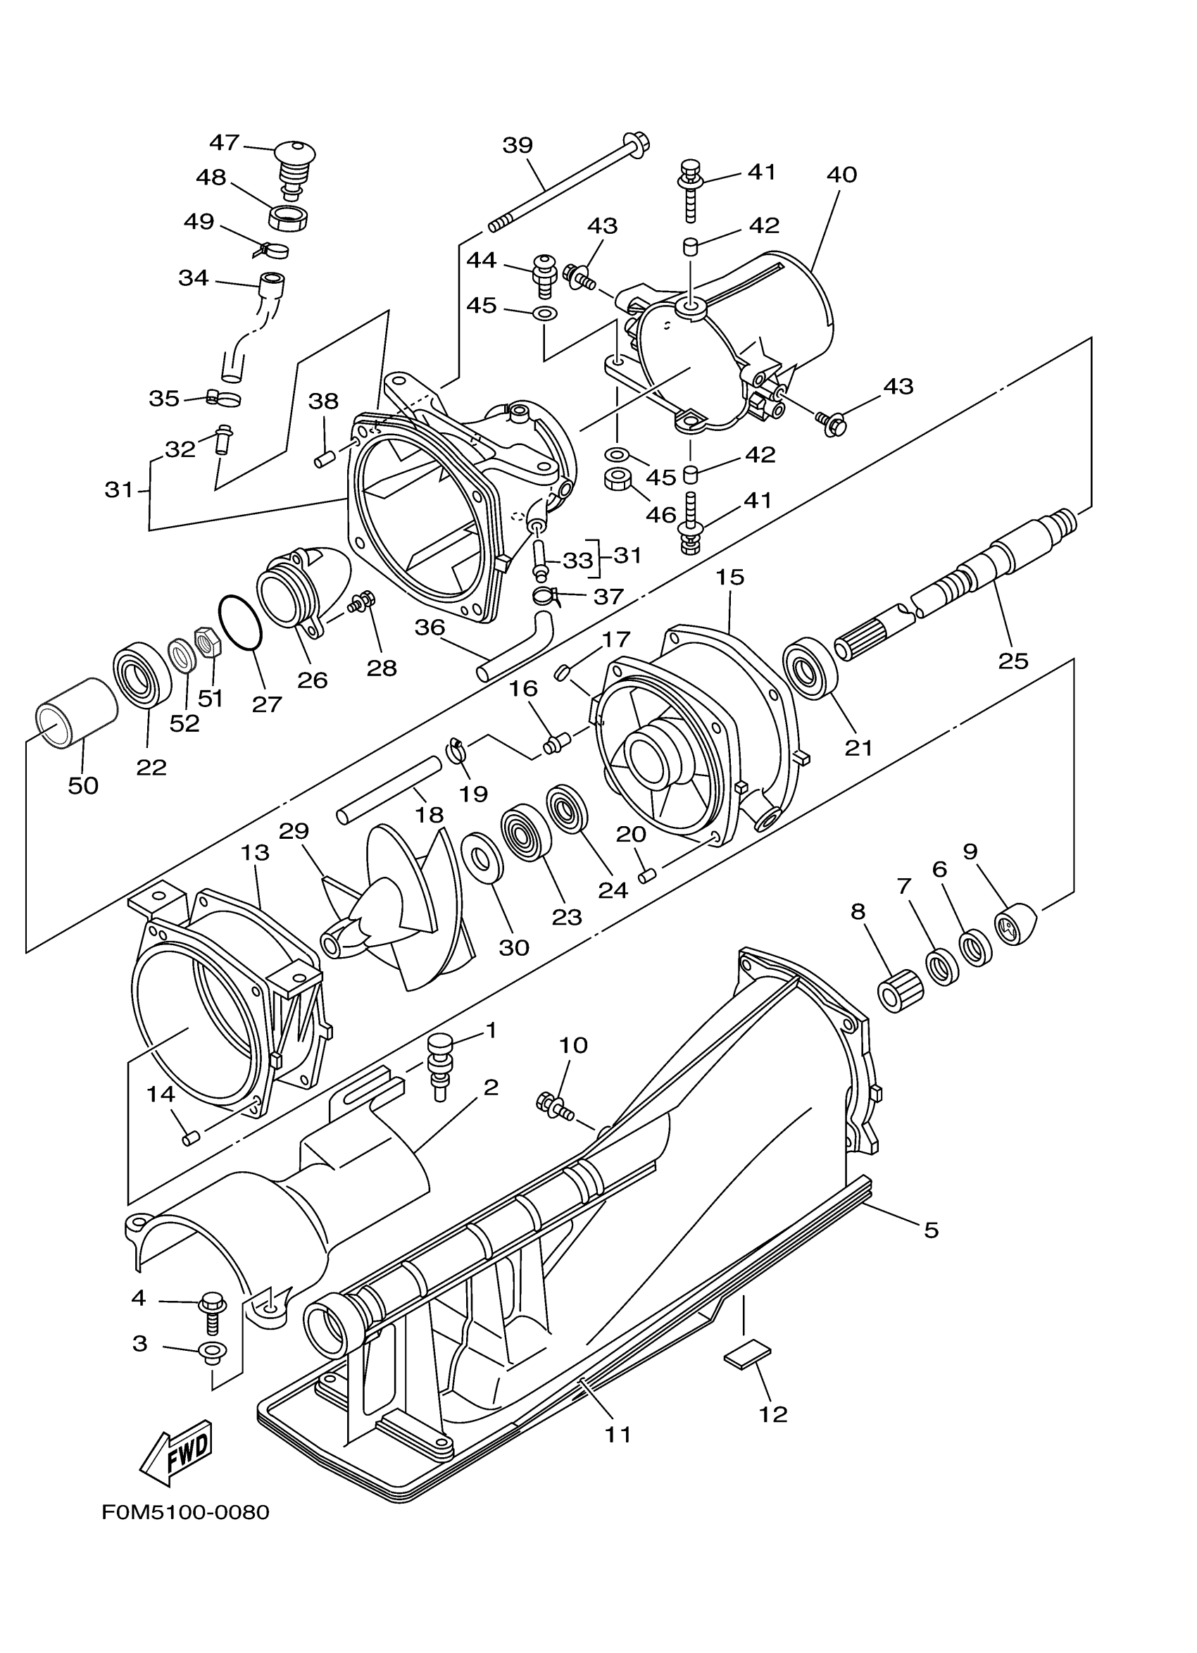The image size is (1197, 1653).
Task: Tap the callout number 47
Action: point(225,142)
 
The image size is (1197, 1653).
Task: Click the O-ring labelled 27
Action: point(239,622)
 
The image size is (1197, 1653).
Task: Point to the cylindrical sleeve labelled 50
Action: point(76,712)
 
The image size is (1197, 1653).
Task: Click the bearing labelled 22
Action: point(142,673)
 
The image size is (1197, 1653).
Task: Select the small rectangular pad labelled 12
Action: point(747,1354)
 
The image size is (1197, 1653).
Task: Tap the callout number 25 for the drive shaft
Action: point(1013,661)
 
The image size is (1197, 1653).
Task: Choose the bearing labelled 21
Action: point(810,668)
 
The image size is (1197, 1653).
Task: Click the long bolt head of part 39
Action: point(635,142)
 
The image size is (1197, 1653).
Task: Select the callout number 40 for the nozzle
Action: point(841,175)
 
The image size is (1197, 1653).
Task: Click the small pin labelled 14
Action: point(191,1137)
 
